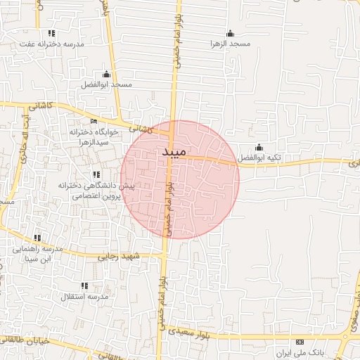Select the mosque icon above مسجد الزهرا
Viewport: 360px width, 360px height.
(x=230, y=33)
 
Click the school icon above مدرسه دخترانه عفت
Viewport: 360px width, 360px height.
(x=51, y=33)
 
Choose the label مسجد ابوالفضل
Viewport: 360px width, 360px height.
(x=107, y=84)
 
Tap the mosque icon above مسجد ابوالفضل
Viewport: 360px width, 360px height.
(x=106, y=74)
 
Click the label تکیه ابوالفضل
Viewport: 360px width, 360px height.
(x=258, y=157)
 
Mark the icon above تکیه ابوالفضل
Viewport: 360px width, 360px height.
(x=258, y=147)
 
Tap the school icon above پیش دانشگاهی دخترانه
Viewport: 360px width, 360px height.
(x=96, y=174)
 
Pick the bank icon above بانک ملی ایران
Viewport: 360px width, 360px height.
(x=300, y=341)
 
